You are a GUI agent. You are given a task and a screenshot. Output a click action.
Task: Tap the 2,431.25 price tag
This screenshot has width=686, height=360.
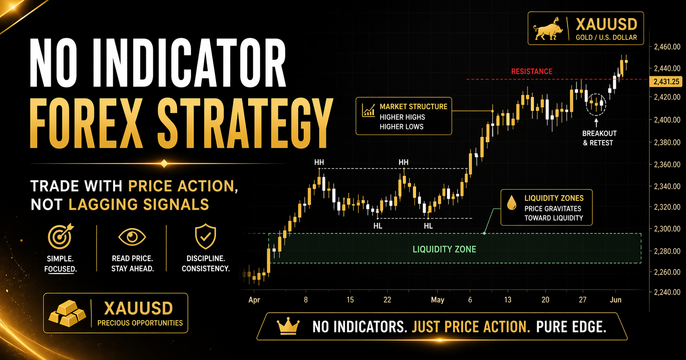[x=666, y=82]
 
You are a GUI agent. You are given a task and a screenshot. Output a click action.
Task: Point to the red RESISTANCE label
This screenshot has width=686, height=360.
[x=531, y=72]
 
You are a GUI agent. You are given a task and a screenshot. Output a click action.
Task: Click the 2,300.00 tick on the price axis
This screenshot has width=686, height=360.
[x=667, y=229]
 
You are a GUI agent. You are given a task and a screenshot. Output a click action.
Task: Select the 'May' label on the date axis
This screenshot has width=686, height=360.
[x=438, y=300]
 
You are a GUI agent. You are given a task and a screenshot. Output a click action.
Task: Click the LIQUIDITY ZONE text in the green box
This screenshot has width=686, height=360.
[x=444, y=250]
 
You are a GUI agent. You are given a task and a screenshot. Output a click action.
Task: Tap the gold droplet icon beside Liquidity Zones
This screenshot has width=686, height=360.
[x=512, y=203]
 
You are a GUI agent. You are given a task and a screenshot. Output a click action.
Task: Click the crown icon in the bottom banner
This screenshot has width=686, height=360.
[x=288, y=326]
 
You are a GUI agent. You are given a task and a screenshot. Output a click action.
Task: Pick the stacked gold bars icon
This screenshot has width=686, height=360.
[x=67, y=314]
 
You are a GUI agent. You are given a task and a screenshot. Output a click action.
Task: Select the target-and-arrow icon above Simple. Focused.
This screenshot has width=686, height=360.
[x=60, y=236]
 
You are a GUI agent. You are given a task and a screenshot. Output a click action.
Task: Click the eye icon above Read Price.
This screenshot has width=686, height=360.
[x=132, y=237]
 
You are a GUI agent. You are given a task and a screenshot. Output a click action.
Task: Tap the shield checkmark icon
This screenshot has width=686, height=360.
[x=205, y=236]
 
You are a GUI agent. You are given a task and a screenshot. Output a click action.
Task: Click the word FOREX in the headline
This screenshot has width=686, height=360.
[x=85, y=124]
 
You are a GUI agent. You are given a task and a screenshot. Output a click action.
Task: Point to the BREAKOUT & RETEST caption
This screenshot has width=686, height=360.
[x=599, y=138]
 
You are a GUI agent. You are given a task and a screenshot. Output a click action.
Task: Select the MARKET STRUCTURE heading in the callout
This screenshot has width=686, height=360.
[x=413, y=107]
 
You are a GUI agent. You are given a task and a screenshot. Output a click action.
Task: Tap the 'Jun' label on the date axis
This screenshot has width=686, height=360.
[x=615, y=300]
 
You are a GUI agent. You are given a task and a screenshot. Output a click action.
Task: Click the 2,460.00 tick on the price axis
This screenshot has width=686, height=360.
[x=667, y=47]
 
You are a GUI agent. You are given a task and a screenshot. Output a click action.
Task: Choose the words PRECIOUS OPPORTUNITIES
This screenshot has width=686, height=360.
[x=140, y=323]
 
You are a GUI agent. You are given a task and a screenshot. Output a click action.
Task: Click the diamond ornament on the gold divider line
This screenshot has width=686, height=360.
[x=164, y=163]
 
